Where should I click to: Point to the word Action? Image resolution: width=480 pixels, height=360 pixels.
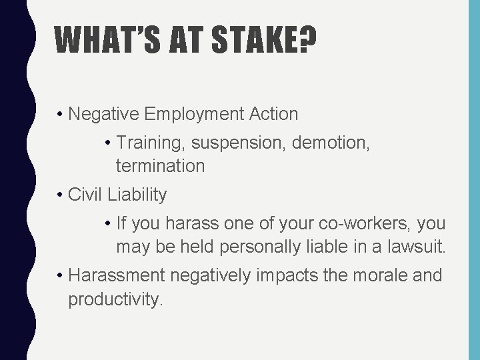274,114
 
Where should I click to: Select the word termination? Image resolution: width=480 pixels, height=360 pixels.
160,166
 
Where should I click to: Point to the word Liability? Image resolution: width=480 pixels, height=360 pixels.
136,195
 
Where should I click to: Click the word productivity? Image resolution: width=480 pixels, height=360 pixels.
114,299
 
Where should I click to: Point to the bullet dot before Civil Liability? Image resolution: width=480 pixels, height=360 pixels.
60,195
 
